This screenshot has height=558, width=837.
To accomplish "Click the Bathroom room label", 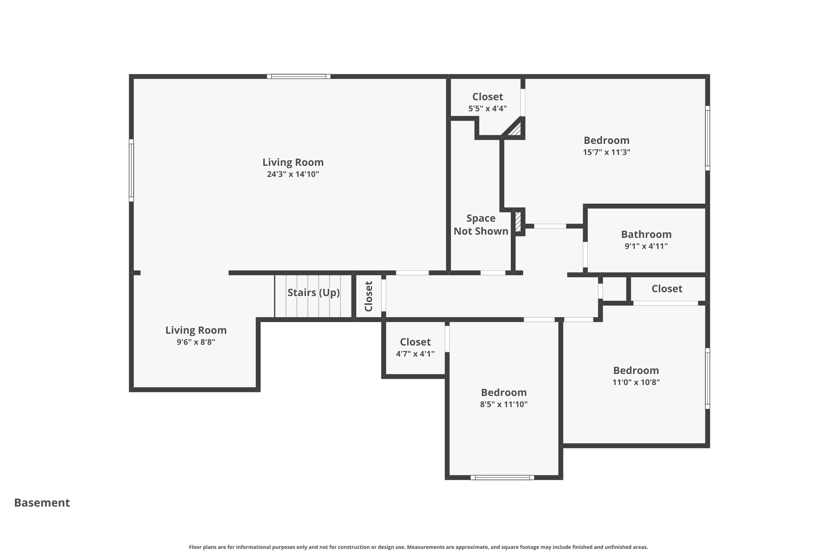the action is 646,234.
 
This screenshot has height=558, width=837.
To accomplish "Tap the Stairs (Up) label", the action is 313,293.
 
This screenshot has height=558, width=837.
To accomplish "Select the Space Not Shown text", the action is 481,224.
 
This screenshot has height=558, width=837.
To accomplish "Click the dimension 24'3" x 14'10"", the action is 293,174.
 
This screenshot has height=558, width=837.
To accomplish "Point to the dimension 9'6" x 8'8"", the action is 196,342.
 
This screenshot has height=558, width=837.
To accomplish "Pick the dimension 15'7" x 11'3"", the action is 606,152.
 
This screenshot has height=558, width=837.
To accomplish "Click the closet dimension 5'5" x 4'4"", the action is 488,109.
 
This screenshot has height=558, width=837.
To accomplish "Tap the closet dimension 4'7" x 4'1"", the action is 415,354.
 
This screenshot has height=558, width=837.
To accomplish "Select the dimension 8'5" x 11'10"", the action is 504,404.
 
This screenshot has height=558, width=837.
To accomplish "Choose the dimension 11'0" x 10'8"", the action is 636,382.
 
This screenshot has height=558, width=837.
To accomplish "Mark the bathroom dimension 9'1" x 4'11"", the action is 646,246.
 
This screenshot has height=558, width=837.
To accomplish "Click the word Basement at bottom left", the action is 42,502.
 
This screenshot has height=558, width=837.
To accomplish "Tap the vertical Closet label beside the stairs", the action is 369,296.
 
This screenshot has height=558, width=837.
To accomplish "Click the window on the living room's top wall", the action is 299,76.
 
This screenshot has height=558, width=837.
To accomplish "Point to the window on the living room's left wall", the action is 131,170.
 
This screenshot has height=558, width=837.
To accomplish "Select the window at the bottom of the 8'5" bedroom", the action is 502,477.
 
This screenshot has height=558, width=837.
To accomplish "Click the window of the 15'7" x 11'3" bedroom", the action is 707,138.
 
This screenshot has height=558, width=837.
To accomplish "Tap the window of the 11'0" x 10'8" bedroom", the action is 707,378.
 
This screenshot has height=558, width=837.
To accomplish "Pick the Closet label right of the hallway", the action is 667,289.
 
